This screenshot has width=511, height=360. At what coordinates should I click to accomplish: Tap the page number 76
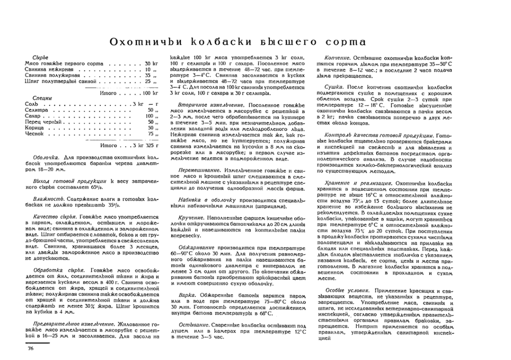click(x=28, y=349)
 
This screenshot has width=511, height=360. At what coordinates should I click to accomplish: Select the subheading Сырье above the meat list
click(x=40, y=57)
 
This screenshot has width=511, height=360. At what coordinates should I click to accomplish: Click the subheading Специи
click(x=41, y=97)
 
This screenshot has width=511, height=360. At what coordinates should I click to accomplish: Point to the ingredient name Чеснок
click(x=33, y=133)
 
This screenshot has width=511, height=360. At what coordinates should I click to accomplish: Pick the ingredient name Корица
click(x=33, y=127)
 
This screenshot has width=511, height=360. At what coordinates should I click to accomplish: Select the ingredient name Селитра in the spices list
click(x=36, y=109)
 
